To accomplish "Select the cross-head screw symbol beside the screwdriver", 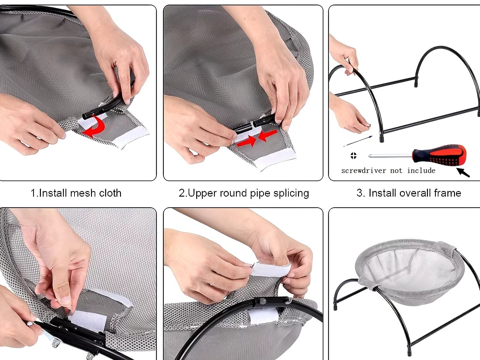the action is (x=353, y=156).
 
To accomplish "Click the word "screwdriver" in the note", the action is (x=364, y=170).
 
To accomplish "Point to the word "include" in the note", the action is (x=421, y=170).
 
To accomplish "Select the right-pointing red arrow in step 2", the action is (x=247, y=141).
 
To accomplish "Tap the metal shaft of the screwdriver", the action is (x=391, y=156).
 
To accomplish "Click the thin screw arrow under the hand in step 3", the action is (x=358, y=141).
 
